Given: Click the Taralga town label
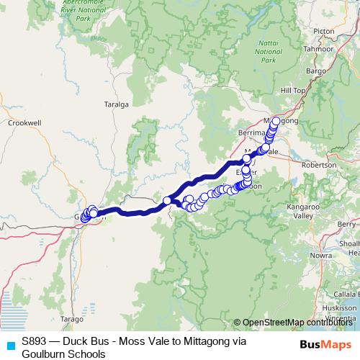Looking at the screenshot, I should pyautogui.click(x=115, y=104).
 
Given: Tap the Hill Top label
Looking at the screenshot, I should pyautogui.click(x=293, y=89).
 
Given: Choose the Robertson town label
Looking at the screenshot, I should pyautogui.click(x=319, y=165).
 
